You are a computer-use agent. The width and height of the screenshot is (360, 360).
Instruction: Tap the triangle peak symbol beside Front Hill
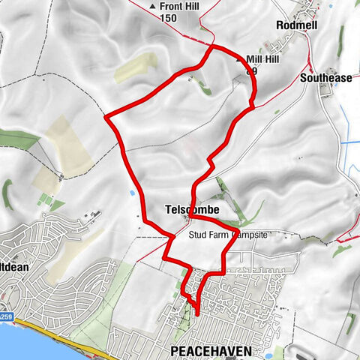[x=154, y=7]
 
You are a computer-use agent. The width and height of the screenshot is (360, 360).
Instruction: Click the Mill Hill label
[x=264, y=59]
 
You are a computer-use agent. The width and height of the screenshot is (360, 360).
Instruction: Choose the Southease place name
[x=325, y=77]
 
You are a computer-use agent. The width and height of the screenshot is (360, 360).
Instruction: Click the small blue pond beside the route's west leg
[x=132, y=193]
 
